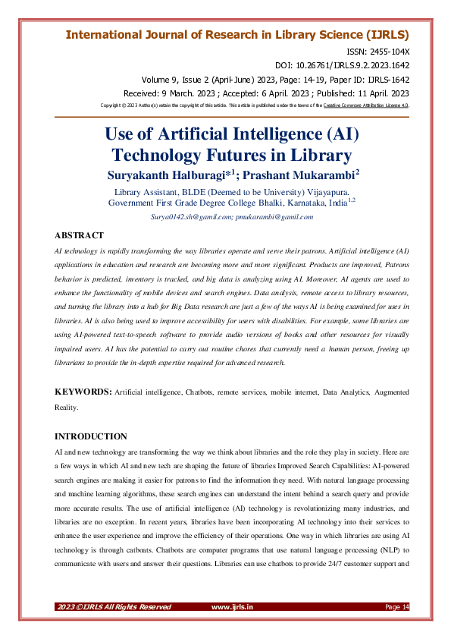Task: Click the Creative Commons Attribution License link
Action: [x=366, y=105]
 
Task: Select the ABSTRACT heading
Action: [x=80, y=235]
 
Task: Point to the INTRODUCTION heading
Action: [x=92, y=436]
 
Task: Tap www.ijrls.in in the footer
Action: [x=232, y=607]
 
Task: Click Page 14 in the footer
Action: [x=397, y=607]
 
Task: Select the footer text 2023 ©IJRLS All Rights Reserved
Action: [x=114, y=607]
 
